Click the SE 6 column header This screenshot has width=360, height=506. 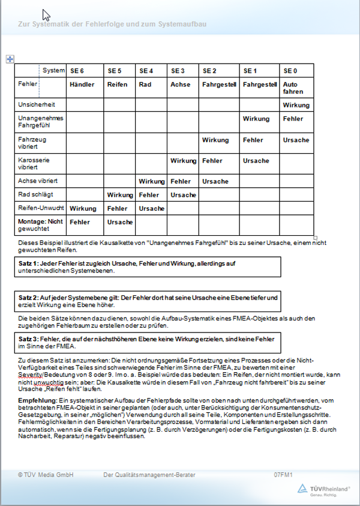[x=77, y=71]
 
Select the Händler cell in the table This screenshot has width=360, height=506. [x=82, y=85]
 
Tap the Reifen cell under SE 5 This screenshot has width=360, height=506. [x=117, y=85]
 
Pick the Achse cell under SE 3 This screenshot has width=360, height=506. [x=181, y=85]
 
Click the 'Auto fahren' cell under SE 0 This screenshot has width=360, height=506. [x=290, y=88]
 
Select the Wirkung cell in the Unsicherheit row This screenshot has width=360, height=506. [x=296, y=105]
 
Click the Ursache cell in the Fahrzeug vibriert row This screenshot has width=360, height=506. [x=296, y=140]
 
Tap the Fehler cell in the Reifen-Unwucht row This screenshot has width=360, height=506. [x=117, y=208]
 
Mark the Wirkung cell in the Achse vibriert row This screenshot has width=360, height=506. [x=151, y=181]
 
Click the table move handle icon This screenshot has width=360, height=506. [x=10, y=58]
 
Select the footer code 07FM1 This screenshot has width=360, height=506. [x=283, y=475]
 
